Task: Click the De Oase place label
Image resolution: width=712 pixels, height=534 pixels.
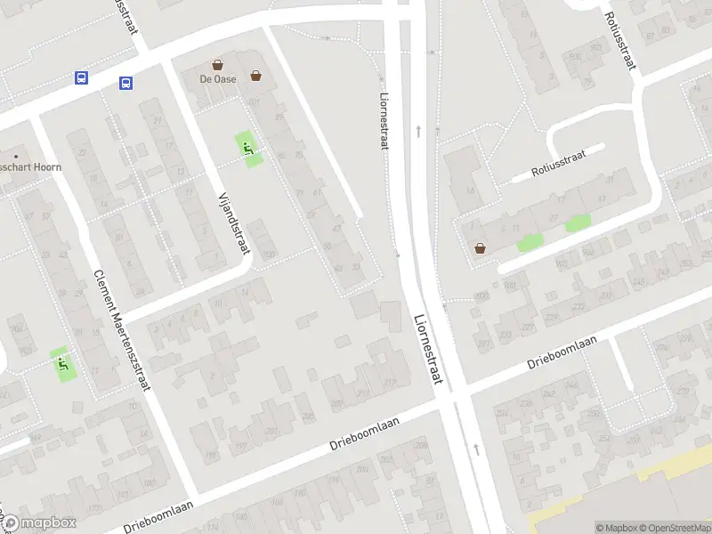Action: pos(218,79)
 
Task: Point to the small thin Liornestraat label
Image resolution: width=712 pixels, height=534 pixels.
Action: pos(384,122)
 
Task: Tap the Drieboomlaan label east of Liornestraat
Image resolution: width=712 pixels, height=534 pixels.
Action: pos(561,351)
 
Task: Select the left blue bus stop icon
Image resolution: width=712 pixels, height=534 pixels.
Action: pos(81,78)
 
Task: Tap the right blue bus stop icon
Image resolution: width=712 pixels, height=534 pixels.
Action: pos(125,83)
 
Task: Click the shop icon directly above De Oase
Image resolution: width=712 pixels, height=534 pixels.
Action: pos(218,65)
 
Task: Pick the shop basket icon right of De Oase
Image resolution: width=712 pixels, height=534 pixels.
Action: pos(256,76)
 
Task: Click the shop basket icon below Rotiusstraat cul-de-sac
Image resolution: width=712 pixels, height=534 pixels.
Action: pos(481,248)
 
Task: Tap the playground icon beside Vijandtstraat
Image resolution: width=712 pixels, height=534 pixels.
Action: pos(247,148)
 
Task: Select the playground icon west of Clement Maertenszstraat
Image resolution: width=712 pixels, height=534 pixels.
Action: pos(62,362)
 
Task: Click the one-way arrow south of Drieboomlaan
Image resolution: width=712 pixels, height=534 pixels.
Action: pos(476,449)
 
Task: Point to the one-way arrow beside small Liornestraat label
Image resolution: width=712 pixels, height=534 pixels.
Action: pos(418,131)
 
